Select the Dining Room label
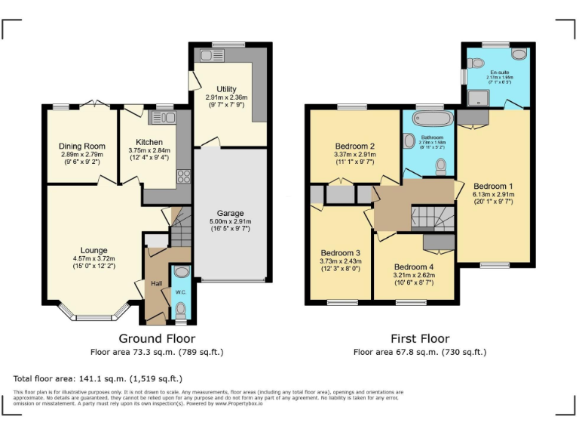pyautogui.click(x=82, y=146)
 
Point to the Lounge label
pyautogui.click(x=94, y=250)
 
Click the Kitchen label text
pyautogui.click(x=149, y=142)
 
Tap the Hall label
pyautogui.click(x=156, y=283)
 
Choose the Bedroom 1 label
pyautogui.click(x=493, y=186)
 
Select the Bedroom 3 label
pyautogui.click(x=340, y=253)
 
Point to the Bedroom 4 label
pyautogui.click(x=414, y=267)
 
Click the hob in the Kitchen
pyautogui.click(x=183, y=176)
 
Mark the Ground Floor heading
pyautogui.click(x=157, y=339)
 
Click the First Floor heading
pyautogui.click(x=419, y=339)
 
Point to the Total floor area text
pyautogui.click(x=98, y=378)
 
